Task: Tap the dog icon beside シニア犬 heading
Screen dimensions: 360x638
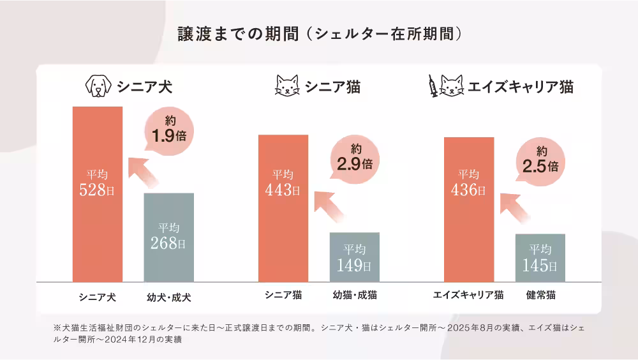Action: click(x=98, y=86)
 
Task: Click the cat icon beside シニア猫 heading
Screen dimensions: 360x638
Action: click(x=287, y=86)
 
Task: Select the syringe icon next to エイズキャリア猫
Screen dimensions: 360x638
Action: click(x=432, y=86)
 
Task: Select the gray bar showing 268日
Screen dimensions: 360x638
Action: click(x=168, y=237)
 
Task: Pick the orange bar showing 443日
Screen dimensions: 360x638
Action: click(x=283, y=208)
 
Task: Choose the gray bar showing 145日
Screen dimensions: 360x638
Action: click(x=540, y=257)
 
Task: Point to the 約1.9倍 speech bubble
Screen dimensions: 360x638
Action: click(x=168, y=130)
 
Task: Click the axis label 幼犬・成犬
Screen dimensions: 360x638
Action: click(x=168, y=297)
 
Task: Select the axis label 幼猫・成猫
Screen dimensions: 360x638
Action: click(x=355, y=296)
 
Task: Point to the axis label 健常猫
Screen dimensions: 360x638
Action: click(x=540, y=296)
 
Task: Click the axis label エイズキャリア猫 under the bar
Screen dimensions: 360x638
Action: click(x=468, y=296)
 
